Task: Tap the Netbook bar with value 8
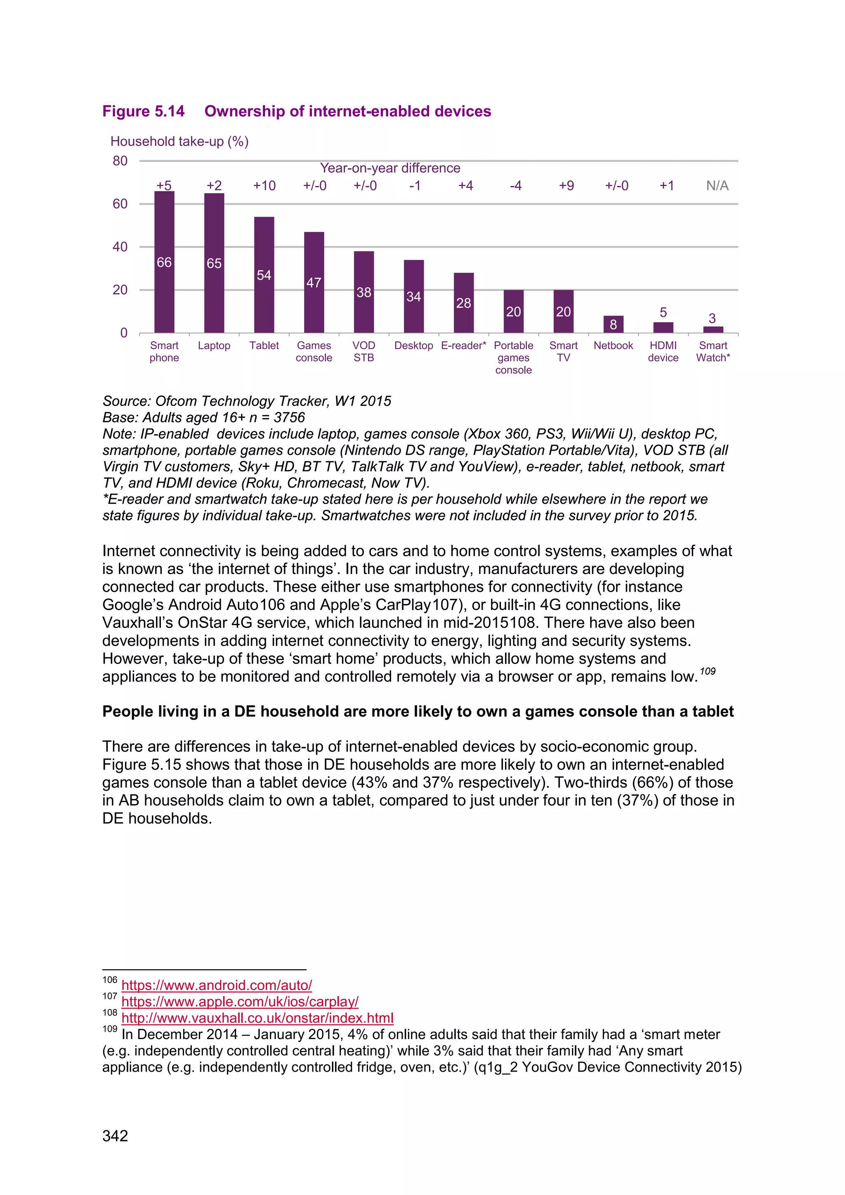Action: coord(614,324)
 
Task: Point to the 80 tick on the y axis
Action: coord(120,161)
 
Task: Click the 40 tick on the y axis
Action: coord(120,247)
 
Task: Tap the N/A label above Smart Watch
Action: coord(717,186)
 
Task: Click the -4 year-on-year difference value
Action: coord(516,186)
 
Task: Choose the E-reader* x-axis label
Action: coord(463,346)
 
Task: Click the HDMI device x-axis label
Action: coord(663,352)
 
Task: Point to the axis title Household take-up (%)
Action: coord(179,142)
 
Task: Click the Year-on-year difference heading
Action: coord(390,168)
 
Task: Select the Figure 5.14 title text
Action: coord(297,111)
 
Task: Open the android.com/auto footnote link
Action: coord(217,985)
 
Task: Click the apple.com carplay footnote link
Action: coord(240,1001)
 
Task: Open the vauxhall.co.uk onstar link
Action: coord(257,1018)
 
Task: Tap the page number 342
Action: coord(115,1136)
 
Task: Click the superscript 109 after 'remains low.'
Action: coord(707,671)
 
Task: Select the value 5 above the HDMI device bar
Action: coord(663,312)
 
